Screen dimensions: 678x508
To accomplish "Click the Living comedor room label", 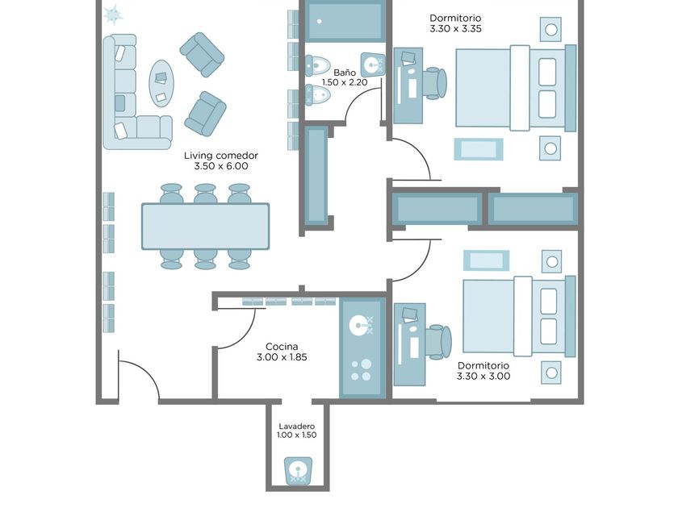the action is (221, 156).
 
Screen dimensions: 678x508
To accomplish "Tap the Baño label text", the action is (345, 73).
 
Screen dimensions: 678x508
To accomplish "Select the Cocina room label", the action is (282, 347).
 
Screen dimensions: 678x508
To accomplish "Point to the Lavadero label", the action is (297, 427).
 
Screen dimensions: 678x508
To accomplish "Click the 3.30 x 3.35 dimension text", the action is (455, 28).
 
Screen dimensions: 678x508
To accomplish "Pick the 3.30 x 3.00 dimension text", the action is (483, 376).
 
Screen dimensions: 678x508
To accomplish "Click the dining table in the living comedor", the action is (205, 227).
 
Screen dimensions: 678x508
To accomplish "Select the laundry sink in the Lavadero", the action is (298, 470).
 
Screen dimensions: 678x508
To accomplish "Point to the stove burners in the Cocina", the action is (361, 370).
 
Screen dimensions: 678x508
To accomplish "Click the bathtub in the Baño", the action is (343, 22).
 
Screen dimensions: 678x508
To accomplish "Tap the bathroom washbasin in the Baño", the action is (372, 65).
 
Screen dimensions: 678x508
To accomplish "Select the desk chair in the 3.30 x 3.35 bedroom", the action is (434, 83).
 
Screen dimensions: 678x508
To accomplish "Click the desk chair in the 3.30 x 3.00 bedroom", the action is (439, 342).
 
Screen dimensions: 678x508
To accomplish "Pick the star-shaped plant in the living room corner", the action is (113, 15).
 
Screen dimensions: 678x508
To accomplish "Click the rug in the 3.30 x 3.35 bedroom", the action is (478, 149).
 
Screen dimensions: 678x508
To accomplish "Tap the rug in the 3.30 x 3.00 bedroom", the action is (486, 260).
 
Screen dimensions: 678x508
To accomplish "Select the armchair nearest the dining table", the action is (205, 114).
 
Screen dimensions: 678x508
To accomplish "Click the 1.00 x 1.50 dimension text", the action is (297, 435).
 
